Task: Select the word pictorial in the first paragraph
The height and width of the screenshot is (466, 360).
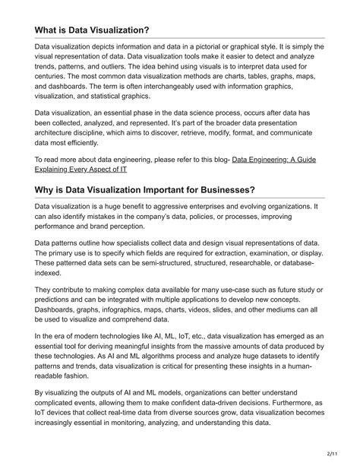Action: pos(213,47)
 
